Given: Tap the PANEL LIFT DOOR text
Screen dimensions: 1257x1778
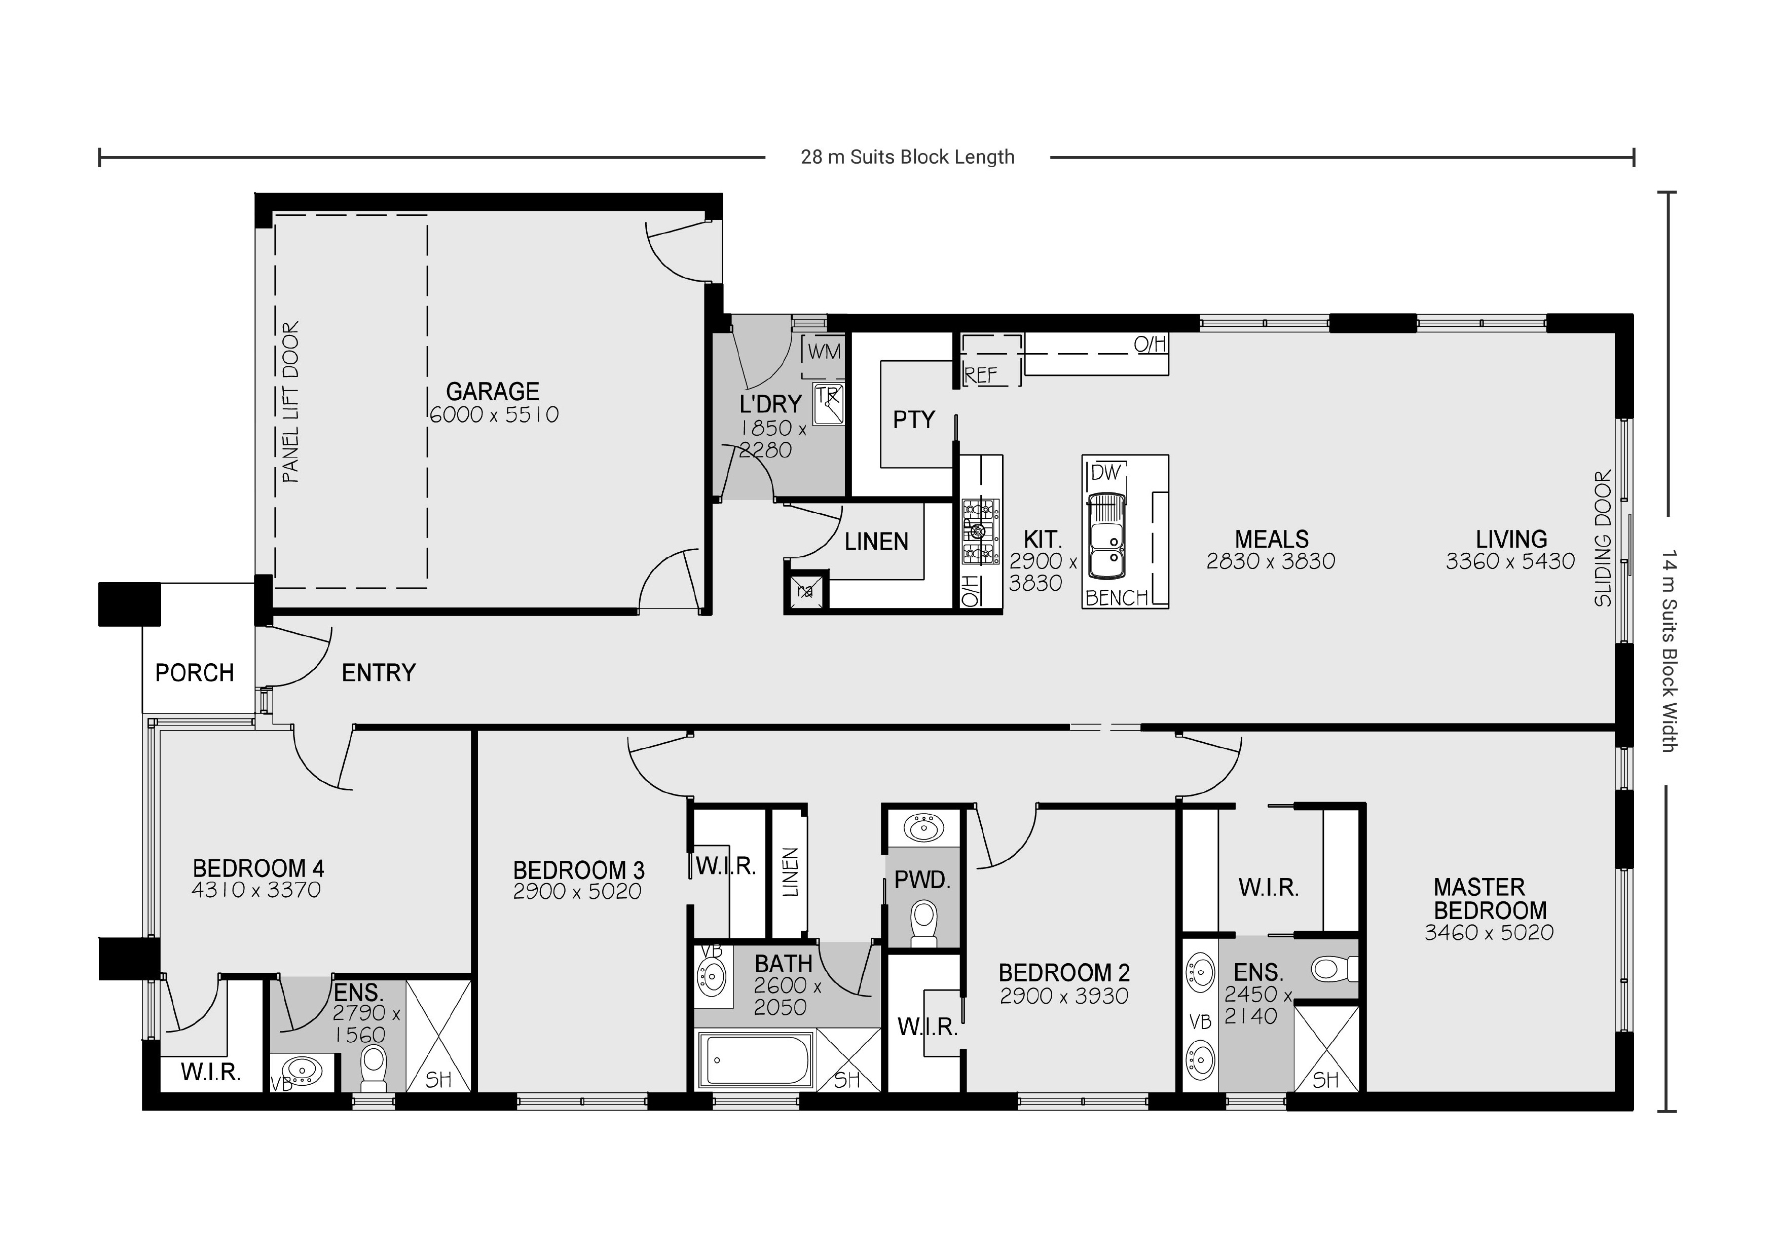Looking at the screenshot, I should (290, 402).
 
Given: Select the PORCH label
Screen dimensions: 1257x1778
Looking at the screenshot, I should (194, 673).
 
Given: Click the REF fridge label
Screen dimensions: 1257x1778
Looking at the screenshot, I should (980, 375).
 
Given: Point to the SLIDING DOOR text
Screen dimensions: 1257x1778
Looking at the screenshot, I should (1603, 538).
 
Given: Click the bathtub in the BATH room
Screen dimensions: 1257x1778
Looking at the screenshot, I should (755, 1059).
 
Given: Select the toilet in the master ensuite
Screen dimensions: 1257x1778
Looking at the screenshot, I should (1333, 968).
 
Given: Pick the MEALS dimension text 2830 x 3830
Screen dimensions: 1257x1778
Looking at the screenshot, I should (1271, 561).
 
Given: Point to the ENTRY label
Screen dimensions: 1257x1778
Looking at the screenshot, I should (379, 673).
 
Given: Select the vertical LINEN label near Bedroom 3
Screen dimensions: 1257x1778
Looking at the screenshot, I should (789, 872).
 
